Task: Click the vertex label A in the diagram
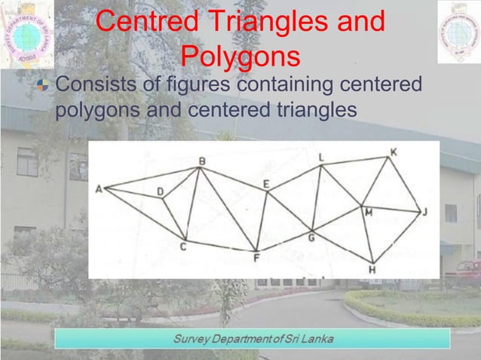click(x=98, y=189)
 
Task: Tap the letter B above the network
click(x=201, y=161)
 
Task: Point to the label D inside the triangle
click(x=160, y=193)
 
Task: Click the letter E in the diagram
click(x=266, y=184)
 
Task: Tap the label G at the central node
click(x=311, y=239)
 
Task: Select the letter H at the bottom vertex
click(x=372, y=269)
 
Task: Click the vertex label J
click(x=425, y=212)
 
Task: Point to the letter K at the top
click(x=393, y=152)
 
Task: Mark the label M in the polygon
click(x=369, y=213)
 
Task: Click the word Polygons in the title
click(x=241, y=56)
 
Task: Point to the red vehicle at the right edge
click(x=467, y=270)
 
